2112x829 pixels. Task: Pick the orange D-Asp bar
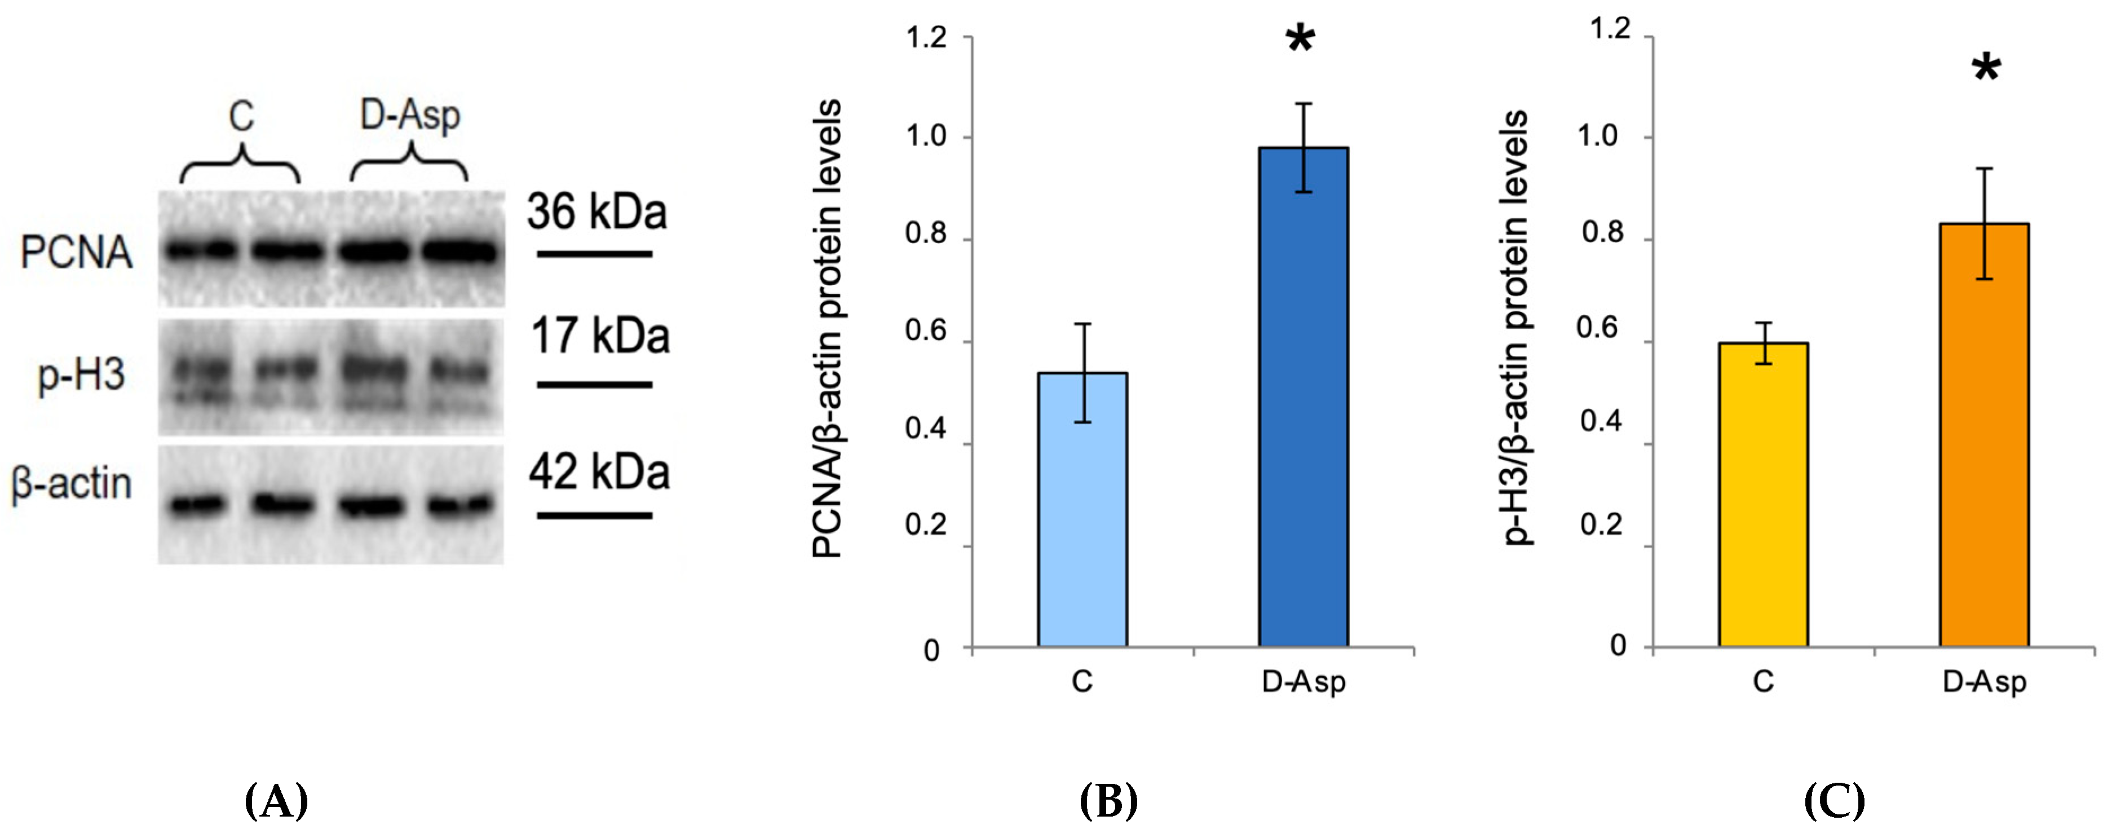point(1984,435)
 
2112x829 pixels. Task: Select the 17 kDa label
point(599,336)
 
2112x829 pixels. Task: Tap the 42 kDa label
point(599,473)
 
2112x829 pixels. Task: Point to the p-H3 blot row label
point(81,376)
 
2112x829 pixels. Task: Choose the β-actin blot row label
point(72,484)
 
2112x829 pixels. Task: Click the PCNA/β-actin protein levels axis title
point(827,328)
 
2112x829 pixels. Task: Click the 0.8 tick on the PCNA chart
point(926,235)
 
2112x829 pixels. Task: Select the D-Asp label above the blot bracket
point(410,115)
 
